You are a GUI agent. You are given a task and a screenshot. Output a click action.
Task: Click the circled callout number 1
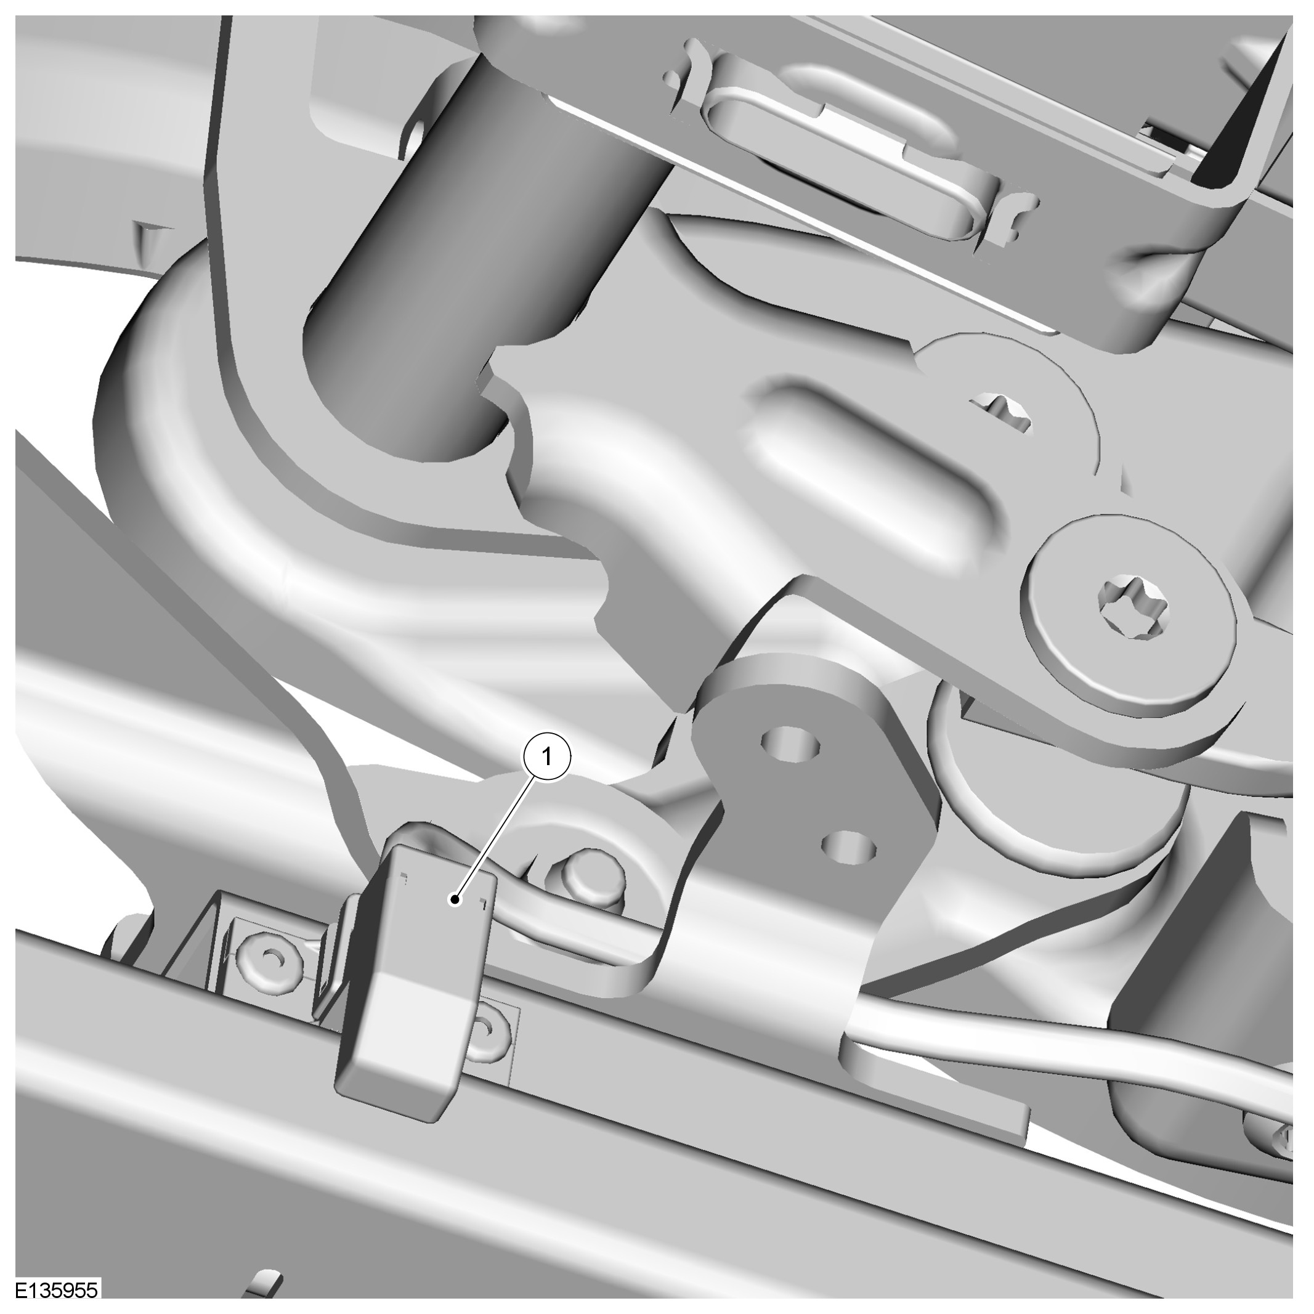click(x=546, y=756)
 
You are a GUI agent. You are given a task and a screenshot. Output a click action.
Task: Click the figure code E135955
click(x=57, y=1291)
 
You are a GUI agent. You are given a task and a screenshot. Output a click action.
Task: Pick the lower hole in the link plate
click(x=848, y=846)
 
